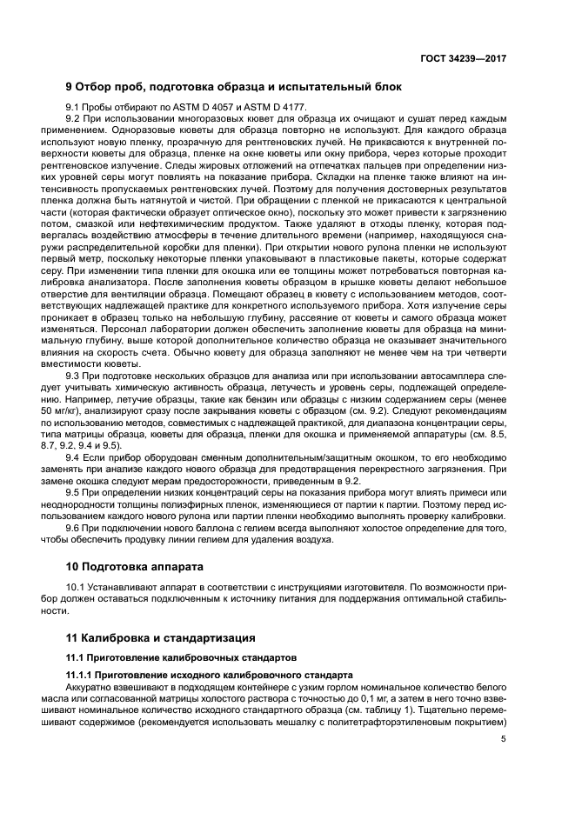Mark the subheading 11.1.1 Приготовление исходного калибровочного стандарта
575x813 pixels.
tap(210, 675)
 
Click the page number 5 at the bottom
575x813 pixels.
tap(503, 740)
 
